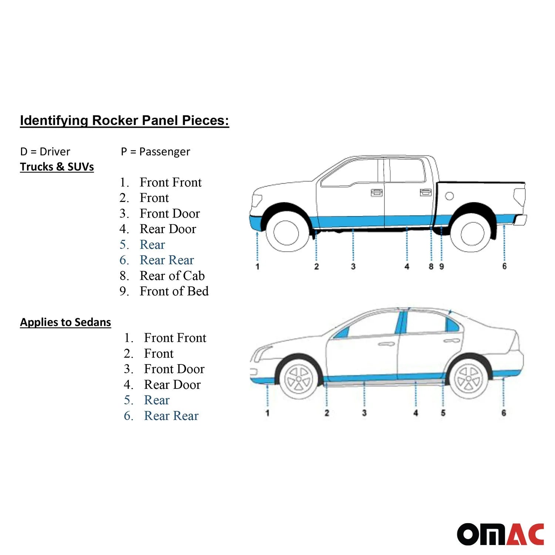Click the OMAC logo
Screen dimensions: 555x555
point(500,534)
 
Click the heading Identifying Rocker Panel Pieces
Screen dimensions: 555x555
point(124,121)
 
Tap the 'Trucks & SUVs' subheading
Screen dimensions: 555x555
point(57,167)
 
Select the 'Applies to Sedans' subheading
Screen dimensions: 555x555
point(65,322)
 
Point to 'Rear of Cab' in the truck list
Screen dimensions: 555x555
point(172,276)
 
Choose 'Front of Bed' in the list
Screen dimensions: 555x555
point(174,292)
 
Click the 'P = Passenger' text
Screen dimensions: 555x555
point(155,152)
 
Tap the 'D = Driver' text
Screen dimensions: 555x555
point(45,152)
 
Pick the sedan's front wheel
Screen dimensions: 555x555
point(298,379)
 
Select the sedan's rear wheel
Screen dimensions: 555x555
point(468,379)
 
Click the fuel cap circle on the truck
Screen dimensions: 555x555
point(450,196)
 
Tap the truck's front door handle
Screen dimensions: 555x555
point(376,192)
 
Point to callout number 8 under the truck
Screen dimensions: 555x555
point(431,267)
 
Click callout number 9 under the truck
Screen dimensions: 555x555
point(441,267)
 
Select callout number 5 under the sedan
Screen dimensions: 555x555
point(443,413)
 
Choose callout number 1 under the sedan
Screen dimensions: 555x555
point(268,413)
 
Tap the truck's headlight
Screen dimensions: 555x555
point(257,201)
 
